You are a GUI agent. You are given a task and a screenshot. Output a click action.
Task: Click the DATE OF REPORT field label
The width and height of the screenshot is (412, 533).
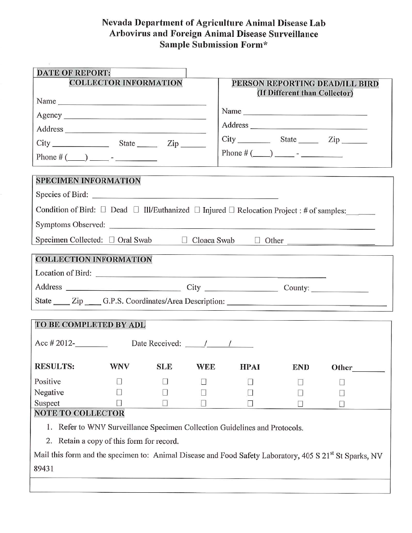[73, 73]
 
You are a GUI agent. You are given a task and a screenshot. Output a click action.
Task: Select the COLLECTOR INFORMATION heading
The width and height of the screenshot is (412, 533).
[126, 83]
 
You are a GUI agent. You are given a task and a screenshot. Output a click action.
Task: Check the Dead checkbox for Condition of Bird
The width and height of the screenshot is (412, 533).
[103, 210]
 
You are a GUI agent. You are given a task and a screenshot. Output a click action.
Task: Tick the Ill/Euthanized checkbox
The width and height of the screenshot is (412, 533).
[136, 210]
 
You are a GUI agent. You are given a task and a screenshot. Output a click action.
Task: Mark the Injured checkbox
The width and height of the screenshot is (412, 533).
[197, 210]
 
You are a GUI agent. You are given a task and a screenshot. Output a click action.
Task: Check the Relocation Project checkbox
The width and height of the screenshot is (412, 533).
[232, 210]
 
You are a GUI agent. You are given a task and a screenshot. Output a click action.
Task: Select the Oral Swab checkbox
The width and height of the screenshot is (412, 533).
[112, 240]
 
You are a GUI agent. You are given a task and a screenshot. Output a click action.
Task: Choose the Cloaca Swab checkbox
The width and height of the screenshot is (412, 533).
[184, 240]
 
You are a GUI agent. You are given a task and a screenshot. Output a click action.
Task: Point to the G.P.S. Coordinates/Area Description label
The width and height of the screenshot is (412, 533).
[163, 301]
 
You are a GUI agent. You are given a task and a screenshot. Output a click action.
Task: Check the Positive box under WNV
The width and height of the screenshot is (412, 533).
[119, 382]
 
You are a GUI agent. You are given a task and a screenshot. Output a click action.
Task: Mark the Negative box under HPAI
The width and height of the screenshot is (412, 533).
[250, 393]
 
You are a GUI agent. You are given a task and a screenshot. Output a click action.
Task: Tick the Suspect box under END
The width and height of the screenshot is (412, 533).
[300, 404]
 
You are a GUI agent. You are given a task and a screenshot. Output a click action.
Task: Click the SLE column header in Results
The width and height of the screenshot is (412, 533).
[164, 367]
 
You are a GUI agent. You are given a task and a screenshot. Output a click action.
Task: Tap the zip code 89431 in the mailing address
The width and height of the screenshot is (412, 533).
[44, 469]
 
